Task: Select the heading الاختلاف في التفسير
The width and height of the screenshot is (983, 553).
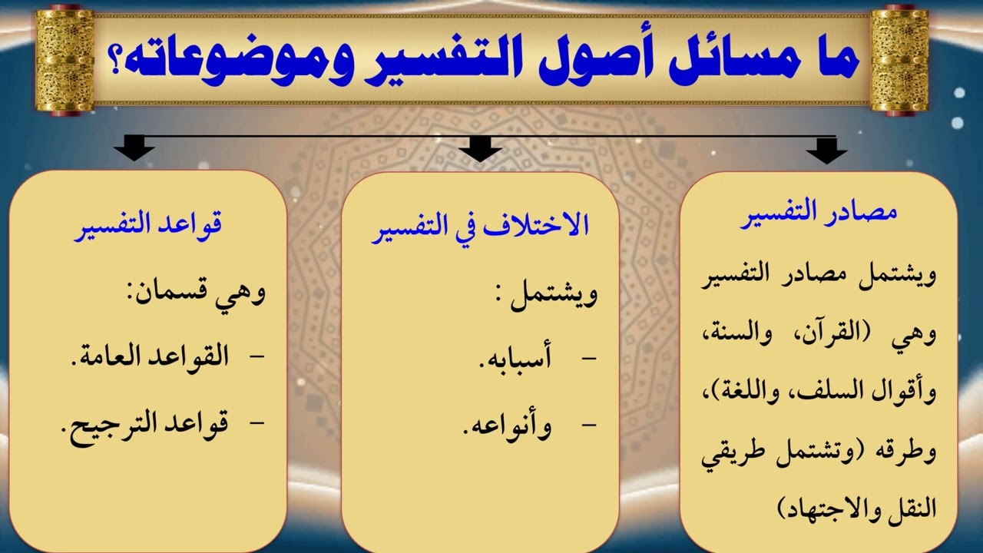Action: pyautogui.click(x=480, y=227)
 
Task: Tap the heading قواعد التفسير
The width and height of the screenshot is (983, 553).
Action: pyautogui.click(x=147, y=227)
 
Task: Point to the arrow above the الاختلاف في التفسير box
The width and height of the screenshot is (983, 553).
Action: pyautogui.click(x=481, y=148)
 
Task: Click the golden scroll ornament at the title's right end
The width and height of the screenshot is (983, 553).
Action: pyautogui.click(x=899, y=60)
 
